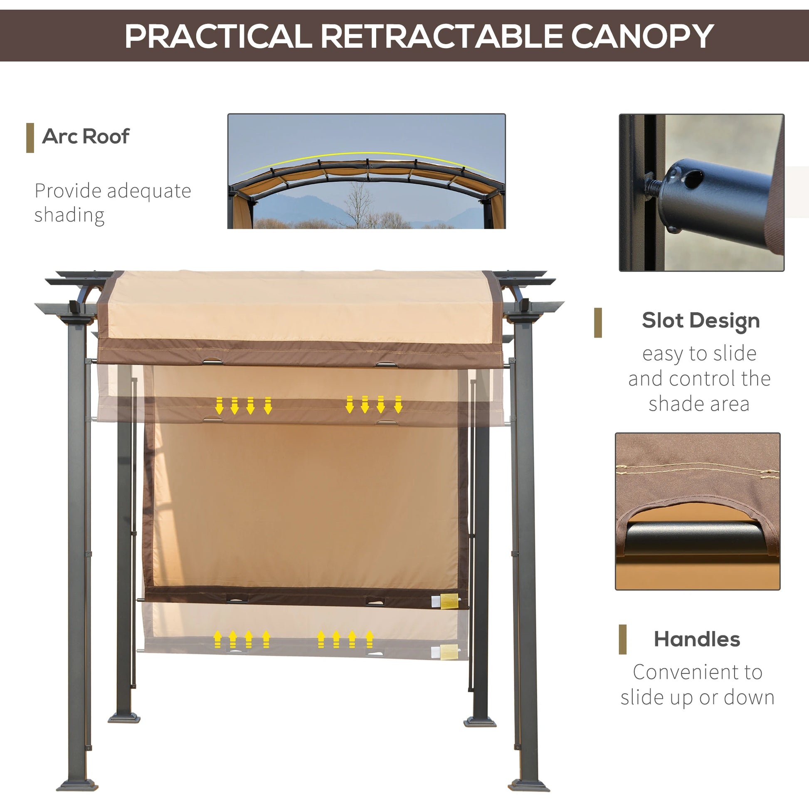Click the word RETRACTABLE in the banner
pos(441,37)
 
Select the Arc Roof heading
pos(86,136)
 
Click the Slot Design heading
pos(700,321)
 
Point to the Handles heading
pos(697,639)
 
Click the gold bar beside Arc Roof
pos(30,138)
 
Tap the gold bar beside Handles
pos(623,639)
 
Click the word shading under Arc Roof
pos(69,215)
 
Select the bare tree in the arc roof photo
pos(358,205)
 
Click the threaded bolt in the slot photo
pos(652,186)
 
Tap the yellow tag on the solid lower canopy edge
pos(449,601)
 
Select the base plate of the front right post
pos(528,786)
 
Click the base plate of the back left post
pos(124,718)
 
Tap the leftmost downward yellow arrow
pos(219,406)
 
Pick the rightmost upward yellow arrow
pos(369,639)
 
